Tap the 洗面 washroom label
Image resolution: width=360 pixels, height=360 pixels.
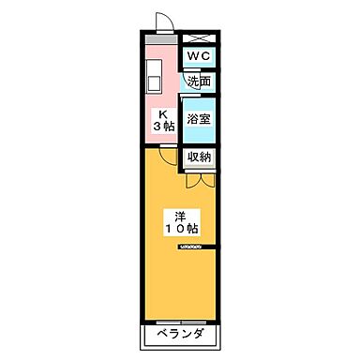pyautogui.click(x=198, y=82)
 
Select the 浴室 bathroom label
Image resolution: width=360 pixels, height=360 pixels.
pyautogui.click(x=198, y=119)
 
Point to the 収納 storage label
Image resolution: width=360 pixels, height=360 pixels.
pyautogui.click(x=198, y=157)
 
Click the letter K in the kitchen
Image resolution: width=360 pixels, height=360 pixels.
pyautogui.click(x=161, y=110)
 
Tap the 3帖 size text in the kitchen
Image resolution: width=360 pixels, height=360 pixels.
pyautogui.click(x=161, y=124)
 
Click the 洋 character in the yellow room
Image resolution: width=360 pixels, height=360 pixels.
pyautogui.click(x=181, y=214)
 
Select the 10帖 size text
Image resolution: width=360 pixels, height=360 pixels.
pyautogui.click(x=181, y=229)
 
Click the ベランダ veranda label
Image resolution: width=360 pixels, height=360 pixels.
pyautogui.click(x=181, y=336)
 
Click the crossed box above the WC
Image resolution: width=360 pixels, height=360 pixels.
pyautogui.click(x=199, y=37)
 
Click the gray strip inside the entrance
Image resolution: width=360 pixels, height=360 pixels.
pyautogui.click(x=160, y=43)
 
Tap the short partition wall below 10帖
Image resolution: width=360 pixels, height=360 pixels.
pyautogui.click(x=198, y=247)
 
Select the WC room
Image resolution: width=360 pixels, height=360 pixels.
pyautogui.click(x=198, y=57)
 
